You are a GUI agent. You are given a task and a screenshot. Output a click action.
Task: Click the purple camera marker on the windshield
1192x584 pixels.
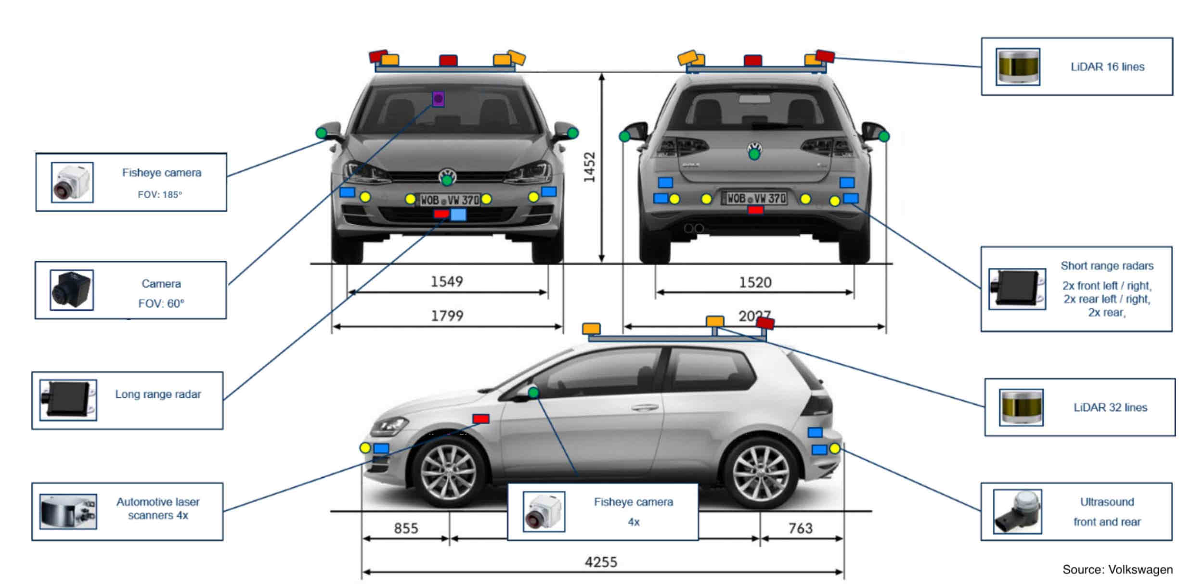(438, 99)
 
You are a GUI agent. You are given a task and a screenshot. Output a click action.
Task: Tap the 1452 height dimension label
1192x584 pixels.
(589, 167)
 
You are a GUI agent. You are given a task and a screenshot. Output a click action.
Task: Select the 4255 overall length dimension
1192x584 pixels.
(601, 562)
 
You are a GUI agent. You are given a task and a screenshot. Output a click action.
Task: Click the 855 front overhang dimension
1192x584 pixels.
(406, 528)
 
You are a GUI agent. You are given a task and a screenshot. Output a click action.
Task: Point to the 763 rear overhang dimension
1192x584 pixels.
(800, 528)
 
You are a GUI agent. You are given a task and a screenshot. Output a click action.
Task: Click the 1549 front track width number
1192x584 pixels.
(446, 281)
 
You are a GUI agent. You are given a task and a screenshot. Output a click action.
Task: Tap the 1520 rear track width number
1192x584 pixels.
(755, 282)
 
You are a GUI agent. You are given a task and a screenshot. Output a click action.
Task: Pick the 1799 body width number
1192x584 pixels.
(447, 316)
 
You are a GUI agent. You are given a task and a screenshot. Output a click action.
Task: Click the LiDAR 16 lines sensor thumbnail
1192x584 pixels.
(1017, 67)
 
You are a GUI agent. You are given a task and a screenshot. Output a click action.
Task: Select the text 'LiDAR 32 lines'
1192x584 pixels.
(1110, 407)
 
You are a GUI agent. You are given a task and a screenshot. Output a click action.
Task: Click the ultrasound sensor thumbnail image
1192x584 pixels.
(1017, 512)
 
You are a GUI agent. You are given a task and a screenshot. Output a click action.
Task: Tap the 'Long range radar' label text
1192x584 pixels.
(158, 394)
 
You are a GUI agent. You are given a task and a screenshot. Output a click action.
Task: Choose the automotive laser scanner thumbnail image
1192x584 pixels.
(68, 511)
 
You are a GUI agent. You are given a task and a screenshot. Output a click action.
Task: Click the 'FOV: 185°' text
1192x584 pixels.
(160, 195)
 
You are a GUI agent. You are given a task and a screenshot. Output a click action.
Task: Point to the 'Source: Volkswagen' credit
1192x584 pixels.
(1117, 570)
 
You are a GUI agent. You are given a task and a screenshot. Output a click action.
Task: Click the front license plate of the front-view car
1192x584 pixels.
(449, 200)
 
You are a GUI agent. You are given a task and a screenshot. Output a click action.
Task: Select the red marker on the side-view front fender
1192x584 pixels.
(480, 419)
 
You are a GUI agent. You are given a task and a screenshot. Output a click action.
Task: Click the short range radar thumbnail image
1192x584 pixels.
(1017, 289)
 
